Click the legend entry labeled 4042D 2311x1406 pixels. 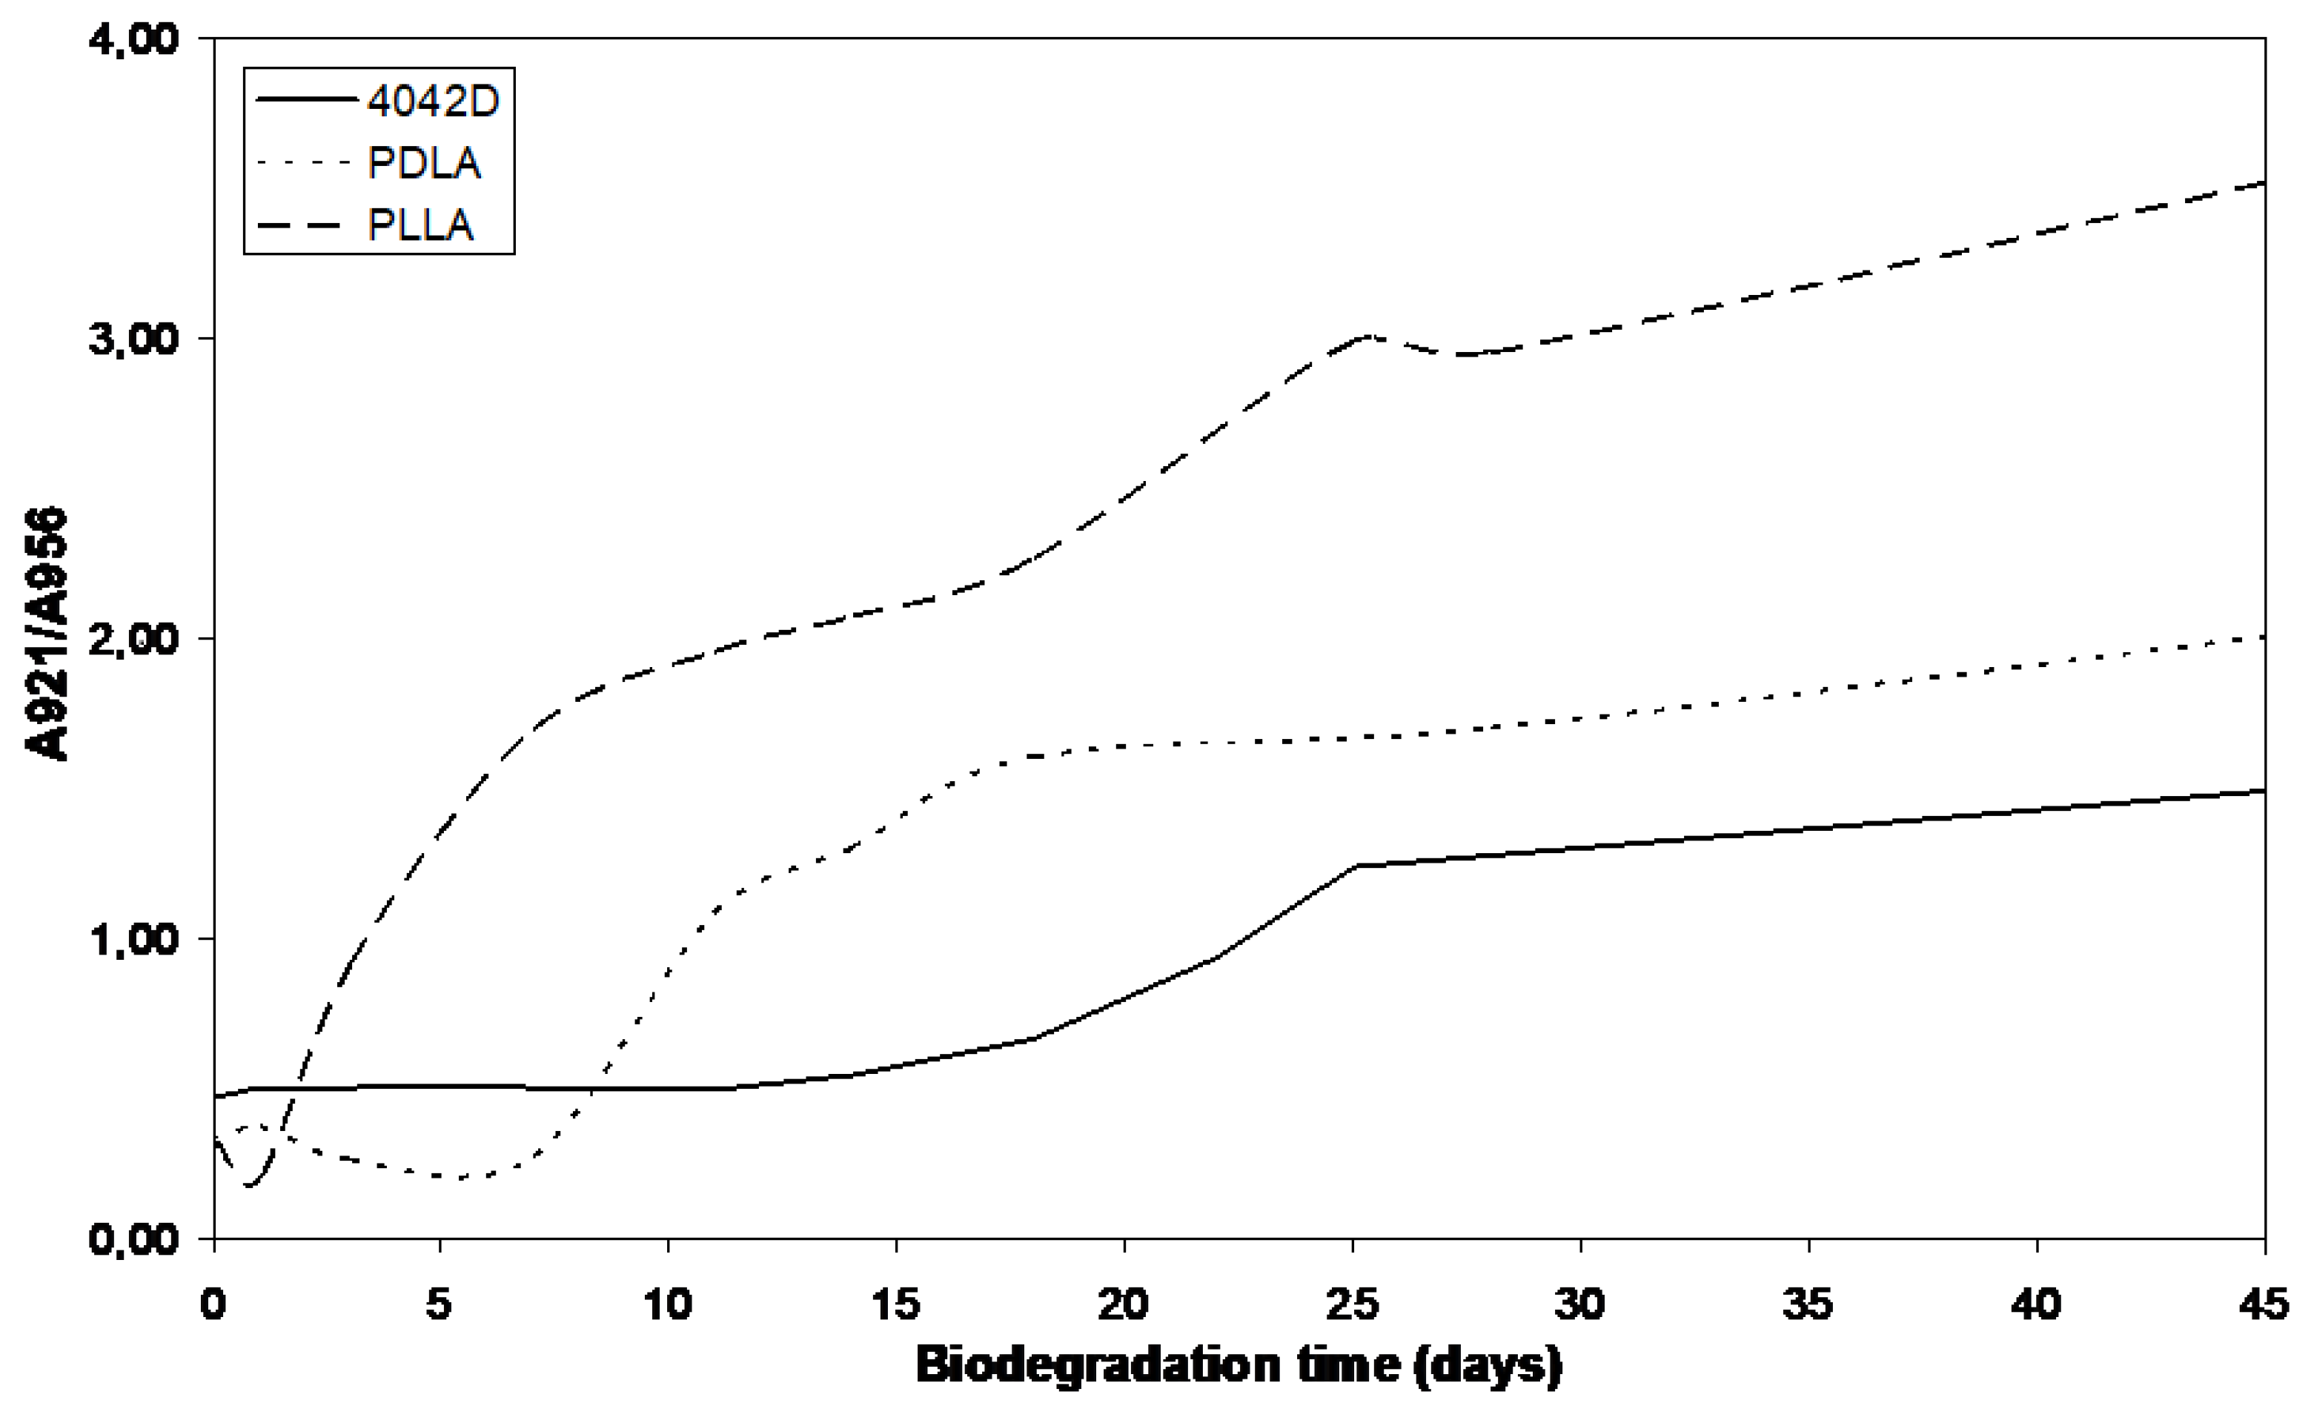point(432,100)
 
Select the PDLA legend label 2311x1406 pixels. point(424,163)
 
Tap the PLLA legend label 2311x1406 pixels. point(420,225)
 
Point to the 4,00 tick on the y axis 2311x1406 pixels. point(133,40)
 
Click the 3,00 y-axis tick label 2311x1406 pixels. point(133,339)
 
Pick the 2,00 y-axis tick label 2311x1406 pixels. point(133,639)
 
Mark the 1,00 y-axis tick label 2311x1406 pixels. point(133,939)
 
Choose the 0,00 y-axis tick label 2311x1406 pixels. point(133,1239)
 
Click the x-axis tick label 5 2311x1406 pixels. point(439,1304)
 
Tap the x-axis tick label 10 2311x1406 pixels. point(668,1304)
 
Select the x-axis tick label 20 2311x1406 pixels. point(1124,1304)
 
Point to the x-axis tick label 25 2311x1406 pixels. point(1353,1304)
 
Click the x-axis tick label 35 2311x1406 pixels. point(1807,1304)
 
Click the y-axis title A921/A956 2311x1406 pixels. point(47,634)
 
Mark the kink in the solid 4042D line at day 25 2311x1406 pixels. point(1356,866)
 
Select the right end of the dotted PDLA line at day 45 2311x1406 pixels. point(2263,638)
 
